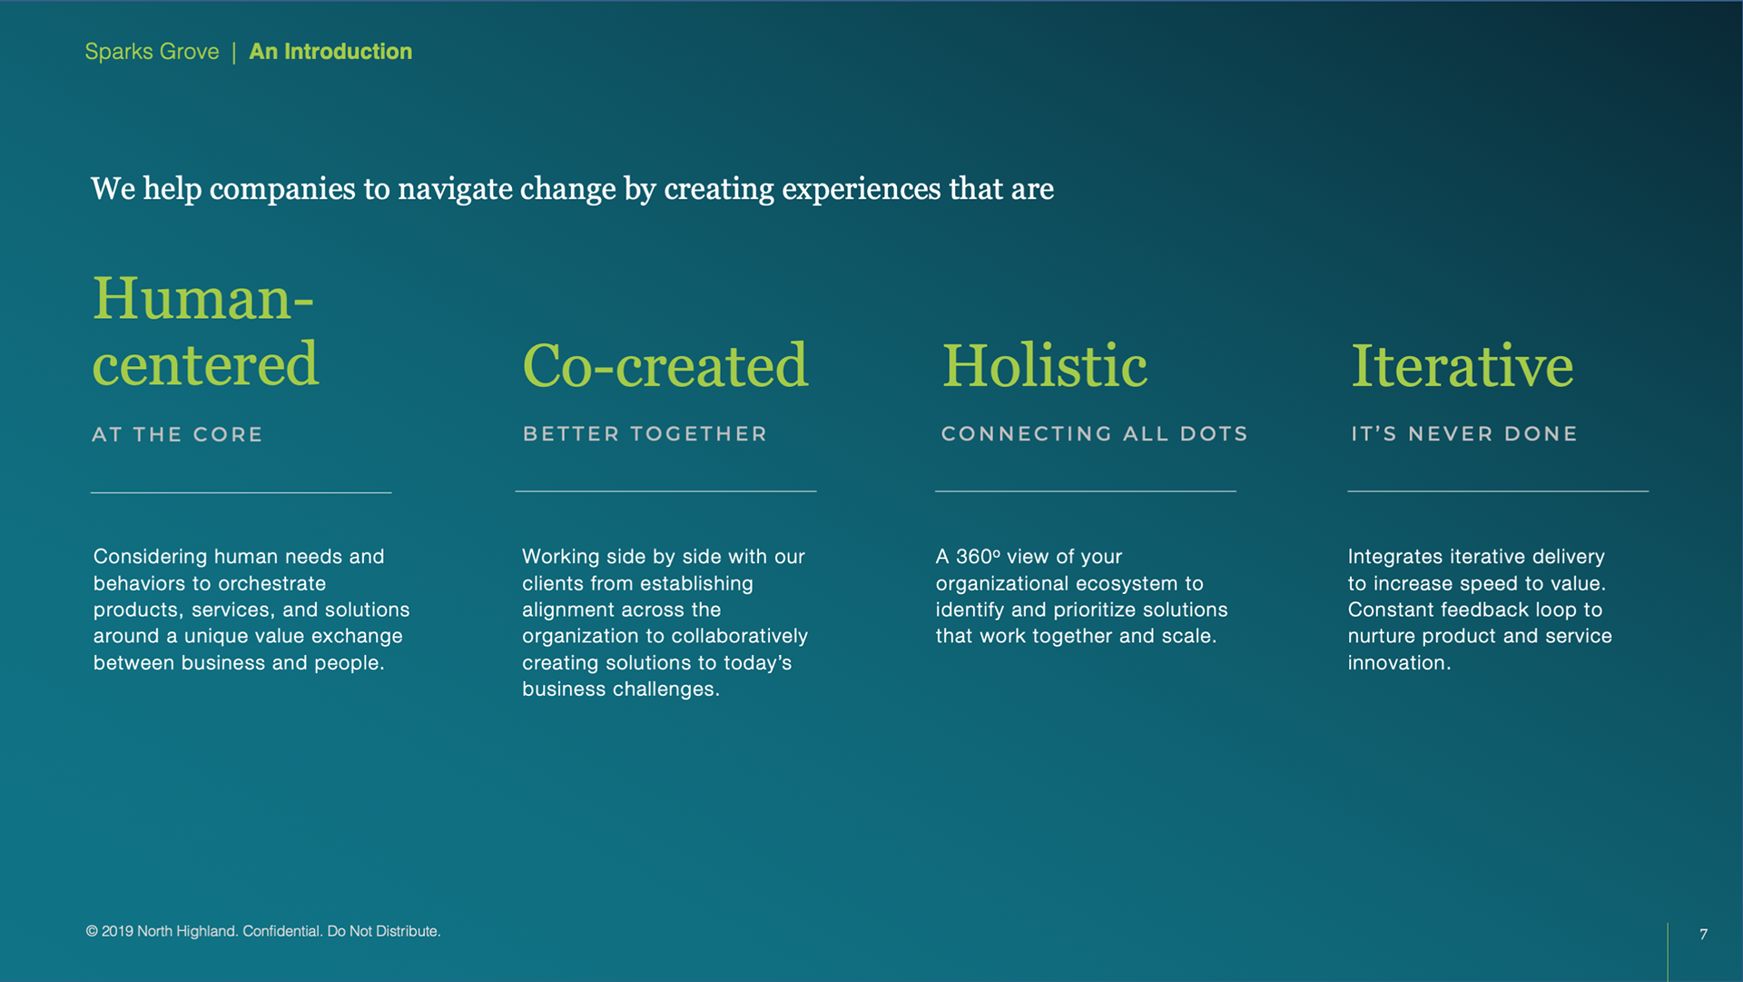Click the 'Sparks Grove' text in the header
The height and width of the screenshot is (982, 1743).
click(x=152, y=52)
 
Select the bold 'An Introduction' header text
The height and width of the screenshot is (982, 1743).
click(x=330, y=52)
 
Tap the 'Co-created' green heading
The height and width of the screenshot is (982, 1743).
click(x=665, y=365)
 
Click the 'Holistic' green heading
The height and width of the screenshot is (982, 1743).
click(x=1044, y=365)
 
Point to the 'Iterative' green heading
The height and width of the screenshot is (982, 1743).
click(x=1462, y=365)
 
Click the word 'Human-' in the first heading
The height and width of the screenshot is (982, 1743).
click(x=203, y=298)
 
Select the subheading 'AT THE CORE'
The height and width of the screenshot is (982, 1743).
click(x=177, y=434)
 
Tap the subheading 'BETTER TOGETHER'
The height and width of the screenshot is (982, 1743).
click(x=645, y=434)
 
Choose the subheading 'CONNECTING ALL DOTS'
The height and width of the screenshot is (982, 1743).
click(x=1094, y=434)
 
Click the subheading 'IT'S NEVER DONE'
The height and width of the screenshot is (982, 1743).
click(x=1464, y=434)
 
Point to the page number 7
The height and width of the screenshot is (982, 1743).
click(x=1704, y=934)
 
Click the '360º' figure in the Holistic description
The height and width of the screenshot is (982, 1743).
click(x=978, y=556)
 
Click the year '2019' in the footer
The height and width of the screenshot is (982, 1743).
click(x=117, y=931)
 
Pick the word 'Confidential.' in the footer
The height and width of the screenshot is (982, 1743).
click(x=282, y=931)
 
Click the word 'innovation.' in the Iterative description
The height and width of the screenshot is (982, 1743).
click(x=1399, y=663)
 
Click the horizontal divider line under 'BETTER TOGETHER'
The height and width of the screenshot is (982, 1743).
click(x=665, y=491)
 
